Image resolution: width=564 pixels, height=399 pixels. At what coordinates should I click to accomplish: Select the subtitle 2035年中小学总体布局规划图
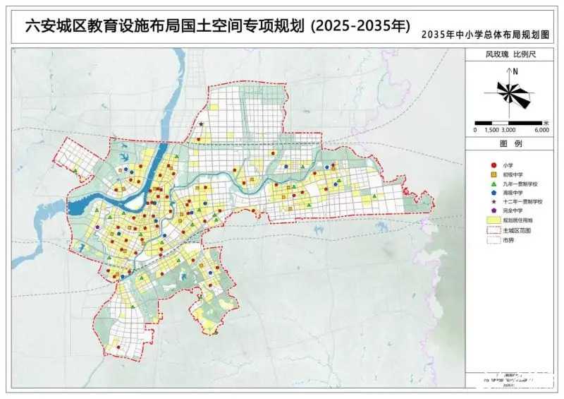click(x=484, y=34)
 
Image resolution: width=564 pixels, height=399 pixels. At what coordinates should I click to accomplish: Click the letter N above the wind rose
click(x=516, y=71)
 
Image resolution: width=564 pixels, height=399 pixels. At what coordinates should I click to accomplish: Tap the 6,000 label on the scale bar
click(x=541, y=130)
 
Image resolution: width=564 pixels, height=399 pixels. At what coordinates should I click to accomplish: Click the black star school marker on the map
click(x=202, y=125)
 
